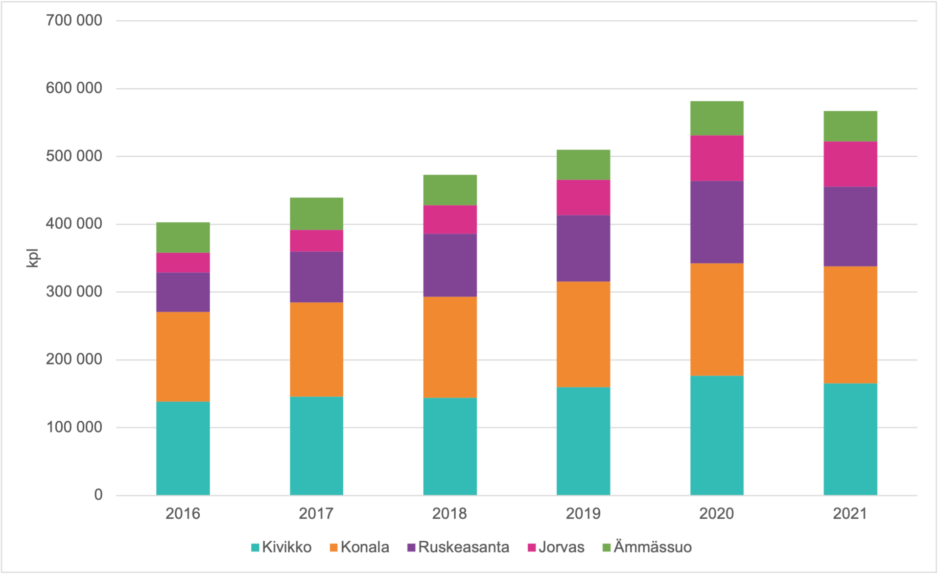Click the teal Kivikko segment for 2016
point(183,448)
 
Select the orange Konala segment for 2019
point(583,334)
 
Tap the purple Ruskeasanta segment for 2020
point(717,222)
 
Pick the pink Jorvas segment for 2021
point(850,164)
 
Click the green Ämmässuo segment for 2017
point(316,214)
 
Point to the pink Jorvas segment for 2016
point(183,263)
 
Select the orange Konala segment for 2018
point(450,347)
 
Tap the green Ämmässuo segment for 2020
point(717,118)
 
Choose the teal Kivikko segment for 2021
point(850,439)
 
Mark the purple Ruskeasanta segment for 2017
point(316,277)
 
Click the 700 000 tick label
point(74,21)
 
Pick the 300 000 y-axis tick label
point(74,292)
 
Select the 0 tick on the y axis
point(98,495)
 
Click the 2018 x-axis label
point(449,514)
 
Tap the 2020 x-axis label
point(716,514)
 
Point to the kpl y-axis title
point(32,258)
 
